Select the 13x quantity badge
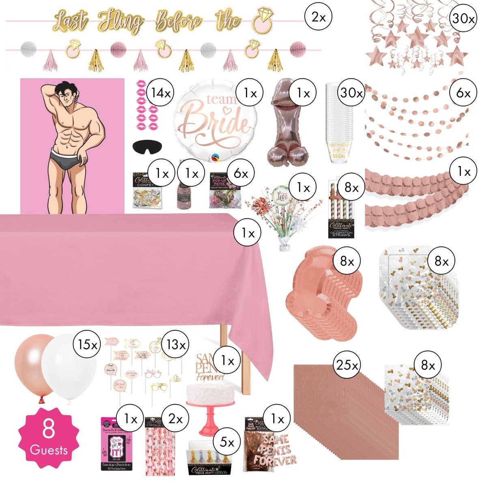coord(176,345)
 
